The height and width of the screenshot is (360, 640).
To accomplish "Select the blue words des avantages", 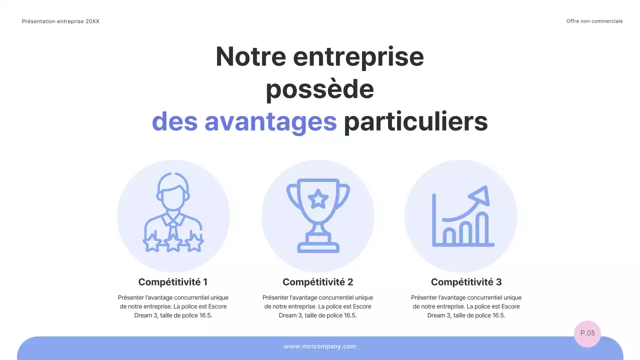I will [244, 122].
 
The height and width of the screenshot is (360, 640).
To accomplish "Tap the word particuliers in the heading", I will [415, 122].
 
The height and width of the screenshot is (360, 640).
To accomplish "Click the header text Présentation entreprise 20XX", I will [60, 21].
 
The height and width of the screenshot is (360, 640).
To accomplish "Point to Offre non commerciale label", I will [594, 21].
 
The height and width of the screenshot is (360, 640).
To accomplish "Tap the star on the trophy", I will [317, 199].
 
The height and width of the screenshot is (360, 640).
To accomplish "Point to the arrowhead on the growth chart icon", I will [481, 195].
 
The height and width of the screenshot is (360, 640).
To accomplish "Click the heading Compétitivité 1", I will [172, 282].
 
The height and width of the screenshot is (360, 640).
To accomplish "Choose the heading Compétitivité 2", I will [317, 282].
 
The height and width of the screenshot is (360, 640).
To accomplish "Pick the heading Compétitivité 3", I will [466, 282].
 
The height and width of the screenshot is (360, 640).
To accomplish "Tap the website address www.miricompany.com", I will [319, 346].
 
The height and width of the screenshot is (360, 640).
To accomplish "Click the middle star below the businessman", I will [173, 243].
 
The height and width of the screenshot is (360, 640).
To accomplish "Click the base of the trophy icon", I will [318, 246].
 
